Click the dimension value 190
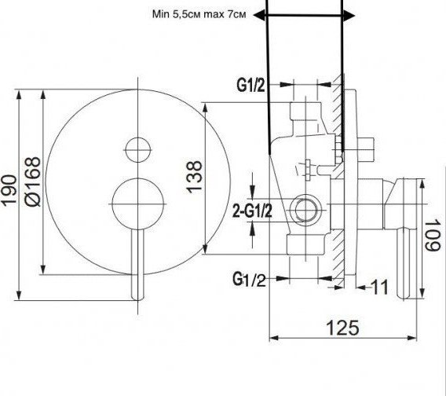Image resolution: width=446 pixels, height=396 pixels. [x=9, y=190]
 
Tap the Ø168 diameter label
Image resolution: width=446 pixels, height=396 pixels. [x=33, y=181]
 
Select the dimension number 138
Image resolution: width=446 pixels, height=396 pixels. [x=195, y=177]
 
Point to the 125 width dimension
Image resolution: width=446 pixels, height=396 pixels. [x=342, y=328]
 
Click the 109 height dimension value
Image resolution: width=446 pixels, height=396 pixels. [x=433, y=235]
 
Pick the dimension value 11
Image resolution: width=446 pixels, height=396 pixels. [x=380, y=288]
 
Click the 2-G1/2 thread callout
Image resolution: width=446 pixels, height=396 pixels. [x=252, y=211]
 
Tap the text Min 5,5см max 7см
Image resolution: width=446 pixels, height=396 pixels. [x=199, y=14]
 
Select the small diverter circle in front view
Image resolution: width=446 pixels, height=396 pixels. [x=138, y=150]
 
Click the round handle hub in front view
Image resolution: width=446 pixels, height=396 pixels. [x=138, y=203]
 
